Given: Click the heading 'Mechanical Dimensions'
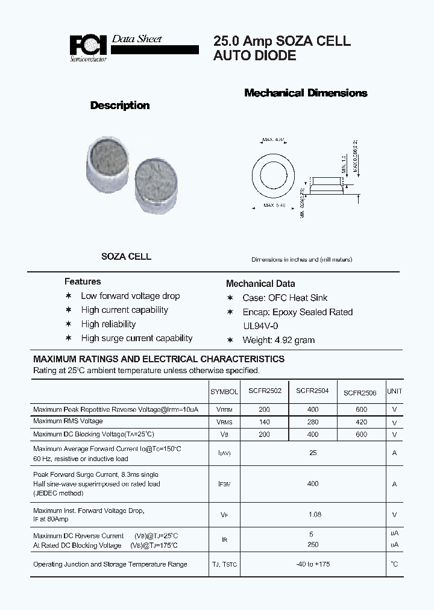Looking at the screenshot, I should (x=306, y=93).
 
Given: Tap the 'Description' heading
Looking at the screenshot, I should (x=119, y=105).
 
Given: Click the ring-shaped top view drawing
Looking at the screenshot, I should (x=275, y=175).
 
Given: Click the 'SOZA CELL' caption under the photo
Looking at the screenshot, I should (x=126, y=256).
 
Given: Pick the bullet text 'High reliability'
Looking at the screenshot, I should (x=108, y=324).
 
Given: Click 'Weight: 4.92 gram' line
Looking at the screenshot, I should (x=278, y=340).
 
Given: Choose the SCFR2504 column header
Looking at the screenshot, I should (x=312, y=391).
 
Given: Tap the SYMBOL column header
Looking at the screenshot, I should (x=224, y=392).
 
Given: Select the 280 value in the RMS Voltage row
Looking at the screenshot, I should (x=312, y=422).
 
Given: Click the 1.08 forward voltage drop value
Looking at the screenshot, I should (x=314, y=514).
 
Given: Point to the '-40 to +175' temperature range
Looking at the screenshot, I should (x=313, y=564).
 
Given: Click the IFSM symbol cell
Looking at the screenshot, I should (x=224, y=484).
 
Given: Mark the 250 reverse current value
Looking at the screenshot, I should (x=312, y=544).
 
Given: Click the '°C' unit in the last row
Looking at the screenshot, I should (x=394, y=564).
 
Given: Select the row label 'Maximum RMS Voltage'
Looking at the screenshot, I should (x=68, y=421).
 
